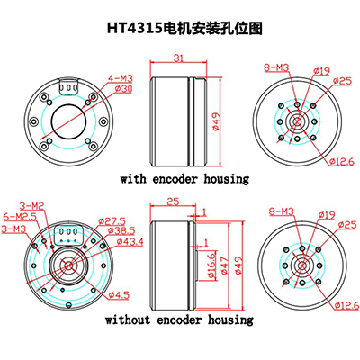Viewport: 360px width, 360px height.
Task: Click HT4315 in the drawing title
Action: [x=135, y=29]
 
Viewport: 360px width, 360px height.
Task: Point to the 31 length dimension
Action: [x=178, y=58]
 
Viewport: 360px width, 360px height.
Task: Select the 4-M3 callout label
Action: [x=121, y=79]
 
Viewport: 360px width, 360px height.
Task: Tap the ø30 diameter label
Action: [x=123, y=89]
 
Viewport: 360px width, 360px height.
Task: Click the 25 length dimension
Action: [x=173, y=202]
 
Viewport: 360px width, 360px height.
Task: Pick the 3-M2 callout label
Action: [x=32, y=206]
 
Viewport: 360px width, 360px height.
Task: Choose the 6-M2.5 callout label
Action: [x=20, y=217]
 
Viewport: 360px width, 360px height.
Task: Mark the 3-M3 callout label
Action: [x=13, y=229]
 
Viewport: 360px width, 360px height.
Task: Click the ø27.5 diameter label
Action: [x=112, y=221]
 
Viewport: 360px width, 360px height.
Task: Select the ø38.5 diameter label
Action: [x=121, y=231]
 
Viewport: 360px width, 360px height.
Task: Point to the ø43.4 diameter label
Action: [x=130, y=241]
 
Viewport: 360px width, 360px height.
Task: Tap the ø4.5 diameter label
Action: [x=119, y=295]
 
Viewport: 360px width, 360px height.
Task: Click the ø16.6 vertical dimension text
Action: [x=211, y=265]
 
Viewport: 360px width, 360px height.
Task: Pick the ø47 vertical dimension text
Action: [x=225, y=265]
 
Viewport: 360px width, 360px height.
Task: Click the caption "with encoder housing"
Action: [x=184, y=179]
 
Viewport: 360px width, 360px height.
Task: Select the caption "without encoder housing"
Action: [x=179, y=319]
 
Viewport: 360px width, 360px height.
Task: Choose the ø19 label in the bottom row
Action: [x=327, y=215]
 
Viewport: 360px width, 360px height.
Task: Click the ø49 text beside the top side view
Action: [x=216, y=121]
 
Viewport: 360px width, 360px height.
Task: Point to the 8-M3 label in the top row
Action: [x=276, y=67]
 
